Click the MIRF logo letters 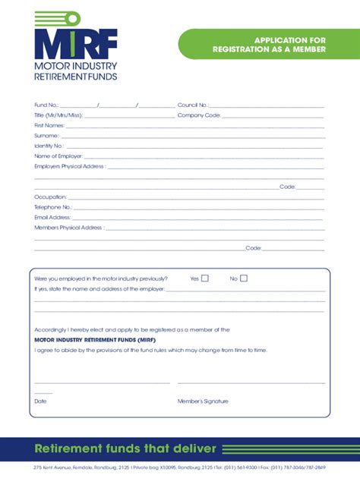coord(75,45)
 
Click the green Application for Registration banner coord(269,44)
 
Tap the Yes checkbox coord(205,278)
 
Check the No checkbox coord(244,278)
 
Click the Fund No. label coord(46,105)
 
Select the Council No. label coord(193,105)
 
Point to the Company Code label coord(199,115)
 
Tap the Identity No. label coord(49,146)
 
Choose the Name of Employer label coord(53,156)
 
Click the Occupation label coord(50,197)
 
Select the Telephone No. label coord(52,207)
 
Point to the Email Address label coord(52,217)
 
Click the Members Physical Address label coord(68,228)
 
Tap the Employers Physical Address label coord(70,166)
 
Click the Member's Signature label coord(203,401)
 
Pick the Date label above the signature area coord(40,401)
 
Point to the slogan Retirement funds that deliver coord(126,448)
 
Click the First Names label coord(49,125)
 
